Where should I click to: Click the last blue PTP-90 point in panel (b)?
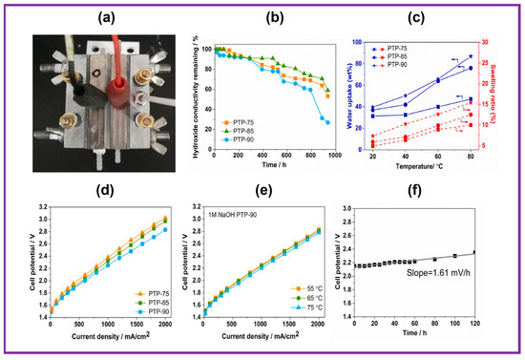327,122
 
